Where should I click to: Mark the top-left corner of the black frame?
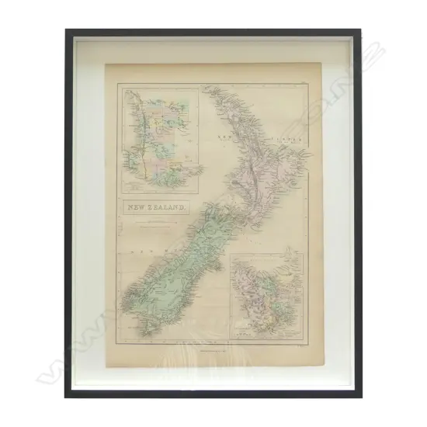(67, 31)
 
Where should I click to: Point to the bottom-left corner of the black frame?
(67, 396)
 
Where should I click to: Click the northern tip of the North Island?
(205, 87)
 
